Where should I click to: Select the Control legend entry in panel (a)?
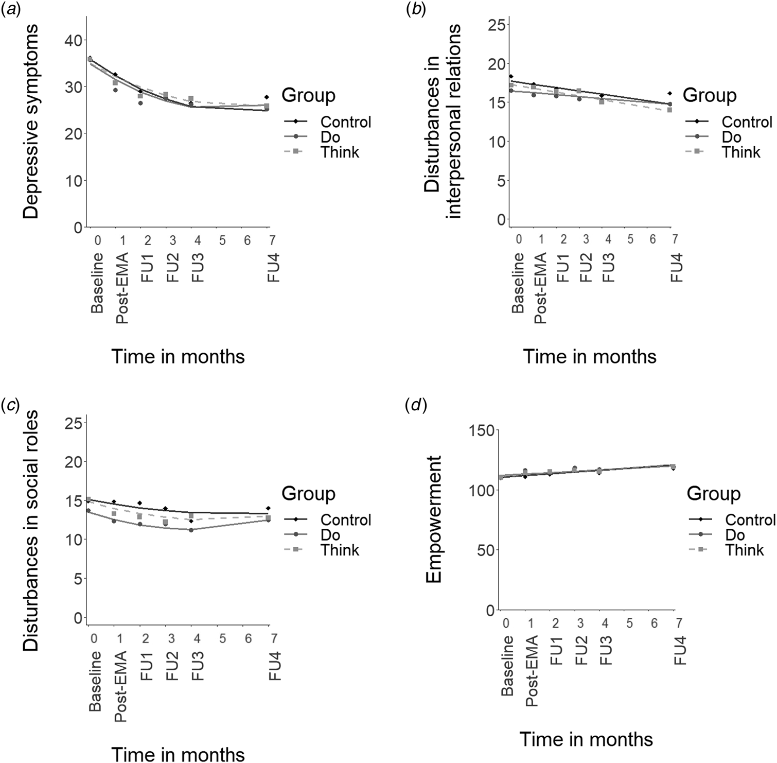click(345, 122)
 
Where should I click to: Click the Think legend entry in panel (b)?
click(741, 152)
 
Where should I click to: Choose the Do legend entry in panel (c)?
click(330, 535)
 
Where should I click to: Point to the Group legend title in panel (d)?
click(714, 494)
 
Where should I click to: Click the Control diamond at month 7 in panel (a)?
click(267, 97)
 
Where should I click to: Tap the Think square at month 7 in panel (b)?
click(669, 110)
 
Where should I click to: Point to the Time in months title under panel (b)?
click(590, 357)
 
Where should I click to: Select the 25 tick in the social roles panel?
click(73, 424)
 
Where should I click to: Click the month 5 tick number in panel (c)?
click(223, 639)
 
